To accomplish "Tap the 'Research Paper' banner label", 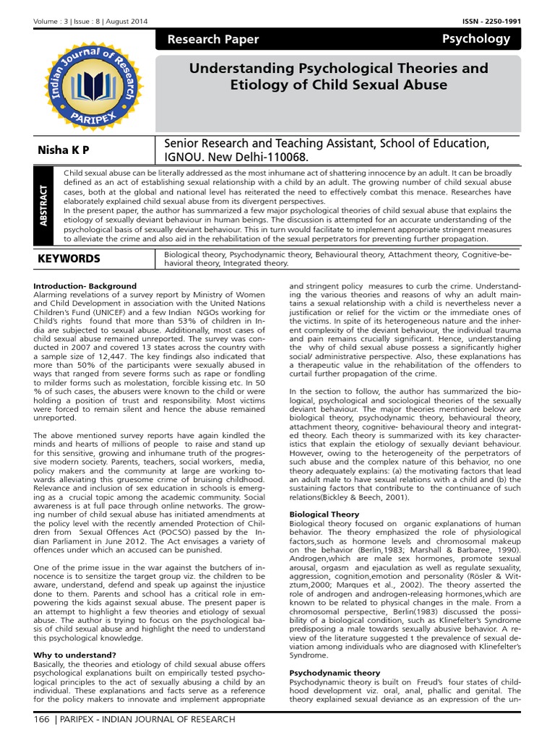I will coord(203,40).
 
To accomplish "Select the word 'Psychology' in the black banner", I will coord(476,39).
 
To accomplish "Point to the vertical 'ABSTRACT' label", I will coord(44,206).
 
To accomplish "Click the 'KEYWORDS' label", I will coord(69,259).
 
